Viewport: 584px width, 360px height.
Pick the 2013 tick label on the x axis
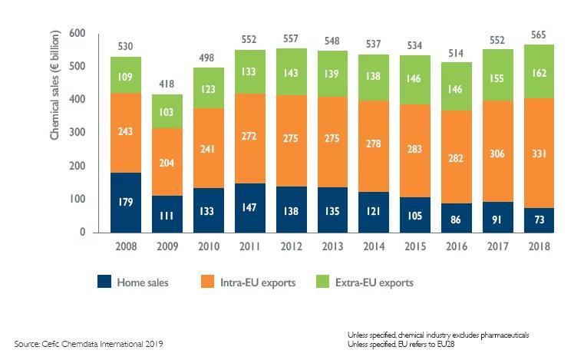(331, 247)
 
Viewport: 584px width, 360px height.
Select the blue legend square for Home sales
(104, 282)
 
